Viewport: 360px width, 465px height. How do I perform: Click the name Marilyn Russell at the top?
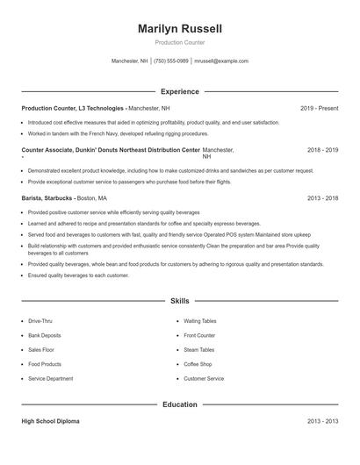(180, 29)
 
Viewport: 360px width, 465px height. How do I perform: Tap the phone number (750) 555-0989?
(171, 61)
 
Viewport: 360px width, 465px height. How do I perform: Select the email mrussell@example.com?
(221, 61)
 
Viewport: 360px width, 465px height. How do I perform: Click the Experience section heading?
(180, 91)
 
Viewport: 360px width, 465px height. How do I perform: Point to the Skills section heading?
(180, 301)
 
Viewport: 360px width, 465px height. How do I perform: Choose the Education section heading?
(180, 404)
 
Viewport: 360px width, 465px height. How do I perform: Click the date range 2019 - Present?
(319, 108)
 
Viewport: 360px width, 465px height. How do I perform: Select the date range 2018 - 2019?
(322, 150)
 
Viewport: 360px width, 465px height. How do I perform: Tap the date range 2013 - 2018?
(322, 198)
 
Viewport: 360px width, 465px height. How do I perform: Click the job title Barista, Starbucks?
(47, 198)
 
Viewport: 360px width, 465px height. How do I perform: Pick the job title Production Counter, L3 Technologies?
(74, 108)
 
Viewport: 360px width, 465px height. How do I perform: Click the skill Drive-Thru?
(40, 321)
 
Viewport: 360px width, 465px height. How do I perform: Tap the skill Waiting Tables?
(199, 321)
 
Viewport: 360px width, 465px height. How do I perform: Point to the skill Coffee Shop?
(198, 364)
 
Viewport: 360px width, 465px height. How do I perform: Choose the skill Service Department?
(50, 378)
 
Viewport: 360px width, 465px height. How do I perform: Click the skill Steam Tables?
(198, 349)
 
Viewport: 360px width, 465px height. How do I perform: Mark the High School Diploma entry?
(50, 421)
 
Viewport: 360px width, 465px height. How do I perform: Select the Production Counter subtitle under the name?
(180, 42)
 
